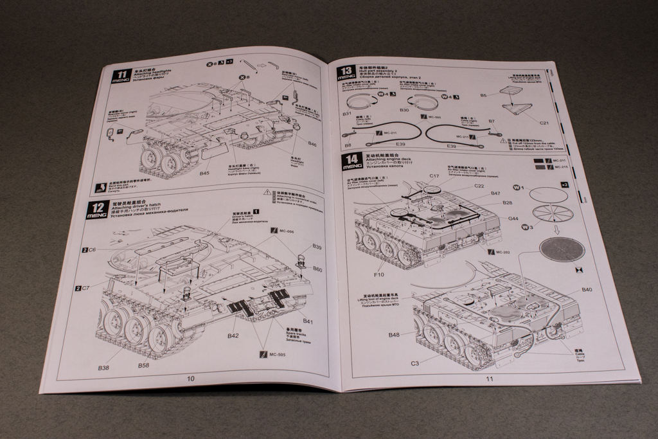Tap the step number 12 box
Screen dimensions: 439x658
(96, 210)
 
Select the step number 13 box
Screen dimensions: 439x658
(346, 71)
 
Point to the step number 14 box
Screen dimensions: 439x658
(351, 161)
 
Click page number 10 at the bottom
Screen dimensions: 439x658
(191, 379)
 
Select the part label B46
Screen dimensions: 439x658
(312, 145)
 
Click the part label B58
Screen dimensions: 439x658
(144, 365)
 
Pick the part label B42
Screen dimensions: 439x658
(233, 336)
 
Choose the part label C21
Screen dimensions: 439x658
(544, 122)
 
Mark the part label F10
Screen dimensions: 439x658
(378, 274)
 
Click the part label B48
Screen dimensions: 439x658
(395, 334)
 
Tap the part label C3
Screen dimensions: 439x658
(415, 364)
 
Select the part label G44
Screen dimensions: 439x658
(513, 219)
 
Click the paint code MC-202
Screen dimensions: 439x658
(503, 251)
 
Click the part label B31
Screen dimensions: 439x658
(347, 113)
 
